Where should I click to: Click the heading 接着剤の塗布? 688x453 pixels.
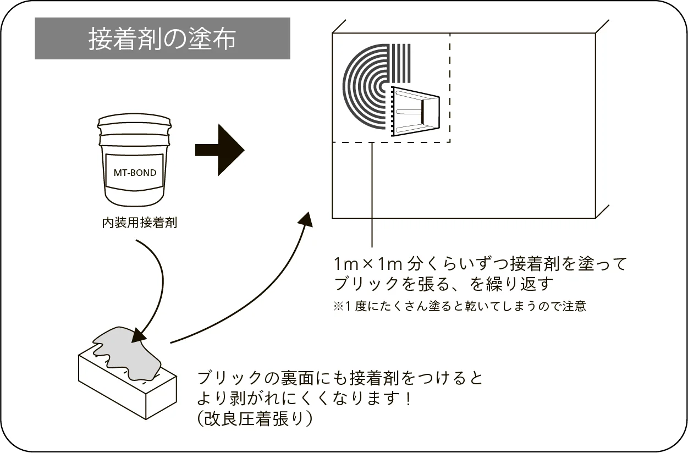162,39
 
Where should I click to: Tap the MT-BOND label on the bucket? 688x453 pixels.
135,173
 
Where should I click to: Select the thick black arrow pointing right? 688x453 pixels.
219,150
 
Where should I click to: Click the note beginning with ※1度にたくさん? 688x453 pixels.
459,306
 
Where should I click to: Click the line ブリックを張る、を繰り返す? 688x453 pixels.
442,285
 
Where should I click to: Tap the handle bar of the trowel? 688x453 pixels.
422,111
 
